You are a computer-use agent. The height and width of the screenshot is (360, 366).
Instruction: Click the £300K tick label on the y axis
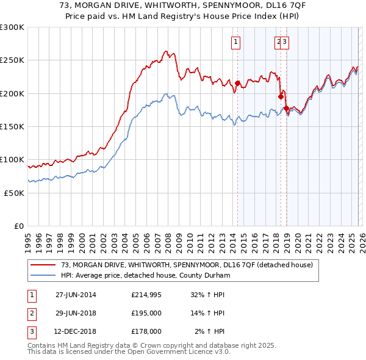pos(12,27)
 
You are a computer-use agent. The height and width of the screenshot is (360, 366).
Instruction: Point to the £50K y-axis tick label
pos(14,193)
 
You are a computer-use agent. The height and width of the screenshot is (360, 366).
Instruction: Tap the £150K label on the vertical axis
pos(12,126)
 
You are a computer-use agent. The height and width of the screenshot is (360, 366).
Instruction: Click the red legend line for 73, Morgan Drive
pos(43,265)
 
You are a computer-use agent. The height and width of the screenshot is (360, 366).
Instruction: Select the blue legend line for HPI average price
pos(43,275)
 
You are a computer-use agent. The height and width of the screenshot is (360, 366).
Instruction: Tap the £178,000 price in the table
pos(146,332)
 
